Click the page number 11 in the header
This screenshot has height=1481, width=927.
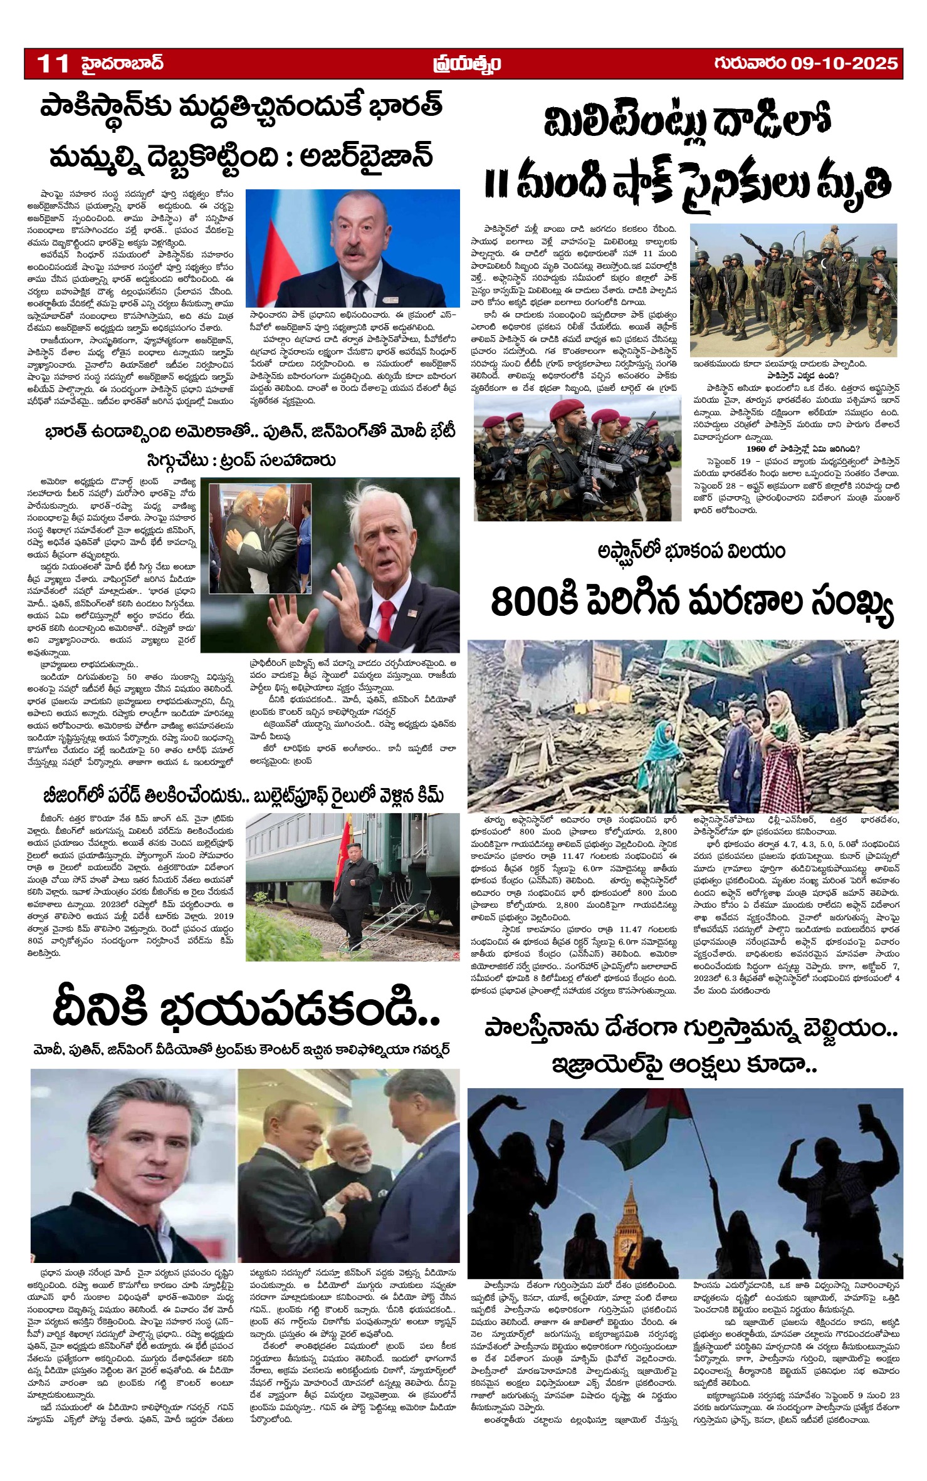tap(53, 64)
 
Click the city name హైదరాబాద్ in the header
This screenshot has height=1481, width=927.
tap(123, 63)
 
